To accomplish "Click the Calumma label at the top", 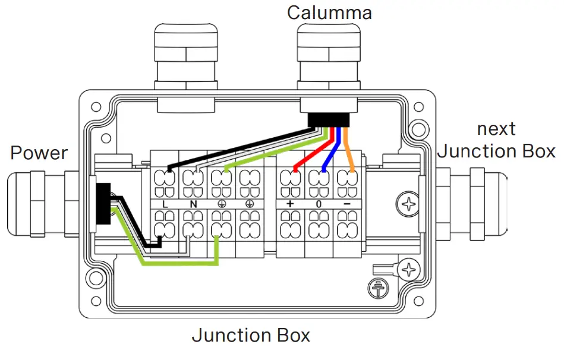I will pyautogui.click(x=329, y=12).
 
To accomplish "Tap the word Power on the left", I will pyautogui.click(x=39, y=153).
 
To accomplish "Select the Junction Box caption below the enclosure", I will pyautogui.click(x=250, y=336).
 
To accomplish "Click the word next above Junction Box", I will pyautogui.click(x=496, y=129).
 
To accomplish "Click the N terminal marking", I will pyautogui.click(x=193, y=203).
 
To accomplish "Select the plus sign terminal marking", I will pyautogui.click(x=291, y=203).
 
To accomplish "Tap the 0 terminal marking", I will pyautogui.click(x=319, y=203).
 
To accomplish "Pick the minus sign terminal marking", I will pyautogui.click(x=346, y=203).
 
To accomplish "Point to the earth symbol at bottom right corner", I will pyautogui.click(x=376, y=287).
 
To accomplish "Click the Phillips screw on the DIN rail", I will pyautogui.click(x=409, y=204).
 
